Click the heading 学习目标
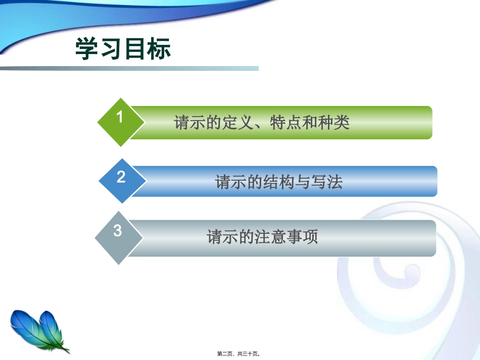pyautogui.click(x=123, y=48)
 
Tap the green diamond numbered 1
pyautogui.click(x=121, y=122)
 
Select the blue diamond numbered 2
pyautogui.click(x=122, y=181)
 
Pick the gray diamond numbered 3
pyautogui.click(x=119, y=238)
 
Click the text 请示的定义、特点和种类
pyautogui.click(x=262, y=123)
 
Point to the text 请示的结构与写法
pyautogui.click(x=279, y=182)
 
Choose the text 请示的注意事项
pyautogui.click(x=262, y=237)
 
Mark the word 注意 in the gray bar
pyautogui.click(x=270, y=237)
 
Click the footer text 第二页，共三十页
pyautogui.click(x=238, y=354)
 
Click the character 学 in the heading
pyautogui.click(x=86, y=48)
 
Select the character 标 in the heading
pyautogui.click(x=159, y=48)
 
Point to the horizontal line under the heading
pyautogui.click(x=129, y=69)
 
